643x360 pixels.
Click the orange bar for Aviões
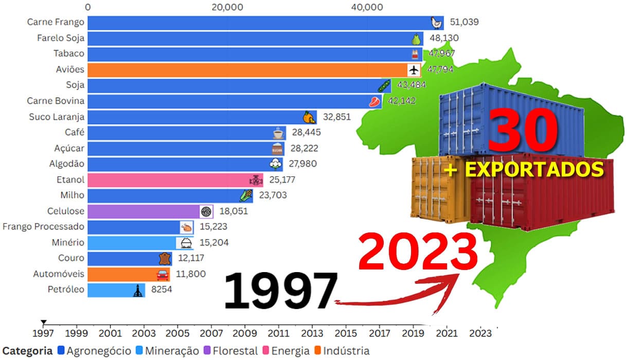[247, 69]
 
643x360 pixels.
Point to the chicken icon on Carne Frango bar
[436, 23]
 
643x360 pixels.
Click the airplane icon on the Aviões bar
[414, 69]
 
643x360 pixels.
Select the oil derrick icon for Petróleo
[137, 290]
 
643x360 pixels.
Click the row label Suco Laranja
[57, 117]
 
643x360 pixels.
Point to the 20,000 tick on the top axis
[227, 7]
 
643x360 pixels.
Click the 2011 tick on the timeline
[278, 333]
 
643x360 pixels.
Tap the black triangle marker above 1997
[44, 322]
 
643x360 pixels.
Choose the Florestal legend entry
[231, 351]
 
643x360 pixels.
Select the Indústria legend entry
[343, 351]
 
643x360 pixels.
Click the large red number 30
[524, 131]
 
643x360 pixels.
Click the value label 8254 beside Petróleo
[161, 290]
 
